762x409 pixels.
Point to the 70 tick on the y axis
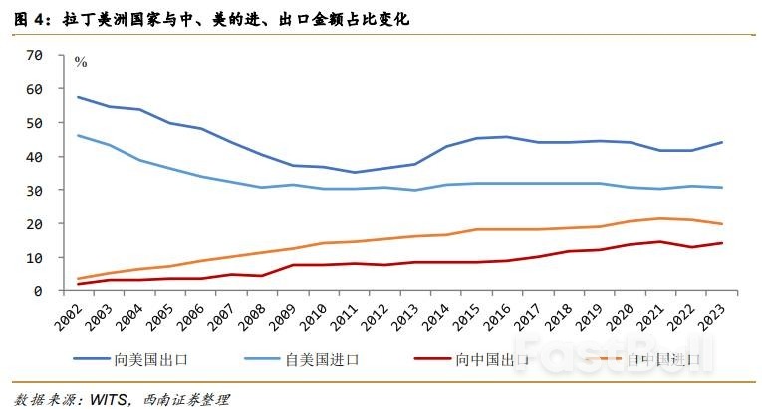point(34,55)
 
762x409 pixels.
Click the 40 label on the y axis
point(34,157)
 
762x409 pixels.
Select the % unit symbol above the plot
point(81,63)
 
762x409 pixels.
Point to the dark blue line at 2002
point(78,97)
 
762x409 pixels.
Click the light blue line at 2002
point(78,135)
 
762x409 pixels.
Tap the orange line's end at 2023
point(722,224)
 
